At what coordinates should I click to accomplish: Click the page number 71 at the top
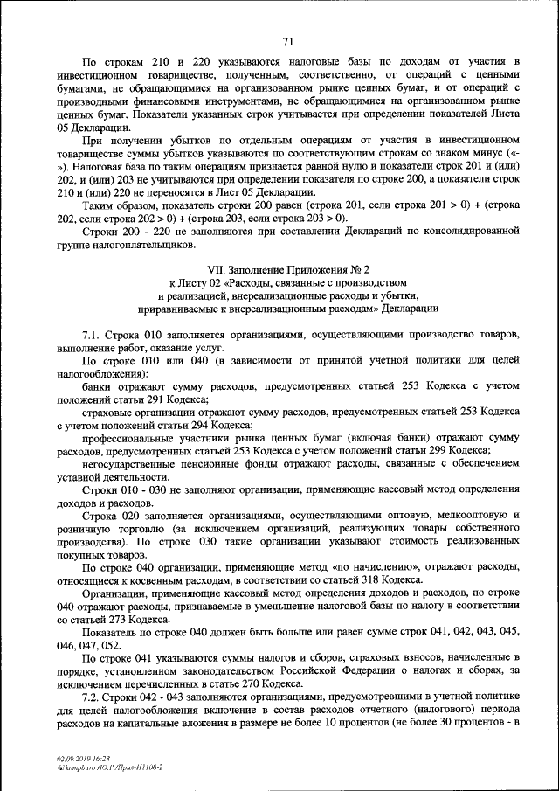coord(288,39)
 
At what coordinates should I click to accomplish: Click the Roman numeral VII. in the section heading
coord(217,271)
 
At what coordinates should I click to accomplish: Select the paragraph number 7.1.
coord(93,335)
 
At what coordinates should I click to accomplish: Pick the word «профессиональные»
coord(132,437)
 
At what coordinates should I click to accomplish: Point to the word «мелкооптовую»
coord(457,515)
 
